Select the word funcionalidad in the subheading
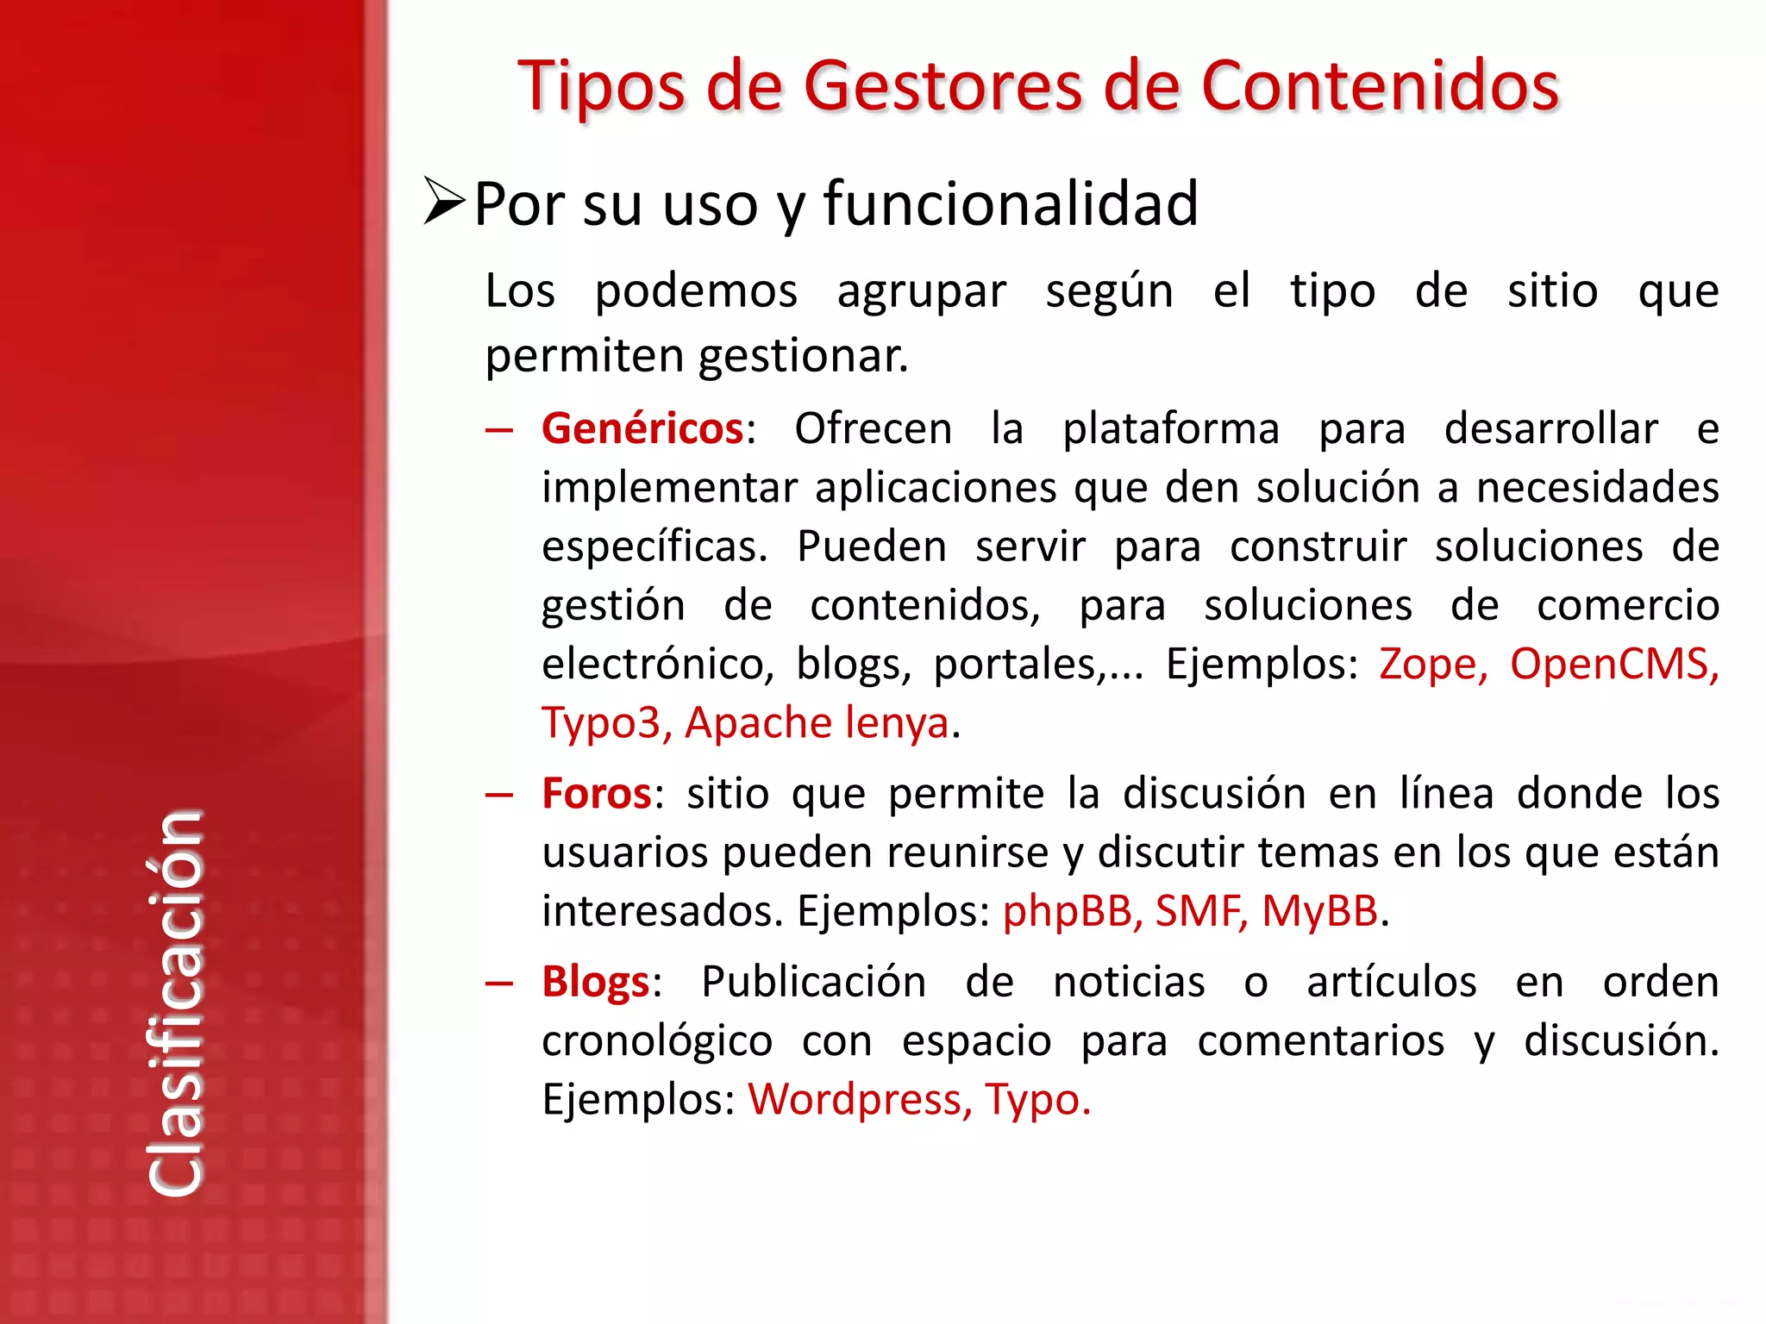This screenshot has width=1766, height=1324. (1011, 204)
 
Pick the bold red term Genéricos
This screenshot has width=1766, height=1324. (642, 428)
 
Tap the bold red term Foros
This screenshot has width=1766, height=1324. (596, 793)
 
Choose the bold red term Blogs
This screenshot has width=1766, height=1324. (595, 982)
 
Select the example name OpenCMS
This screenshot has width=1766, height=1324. (1613, 665)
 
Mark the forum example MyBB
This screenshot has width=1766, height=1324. (1319, 911)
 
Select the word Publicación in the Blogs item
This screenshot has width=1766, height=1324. (813, 982)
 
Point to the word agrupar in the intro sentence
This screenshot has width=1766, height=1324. (921, 292)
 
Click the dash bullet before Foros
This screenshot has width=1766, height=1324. (499, 794)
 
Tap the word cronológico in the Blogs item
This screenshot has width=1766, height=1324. (657, 1041)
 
